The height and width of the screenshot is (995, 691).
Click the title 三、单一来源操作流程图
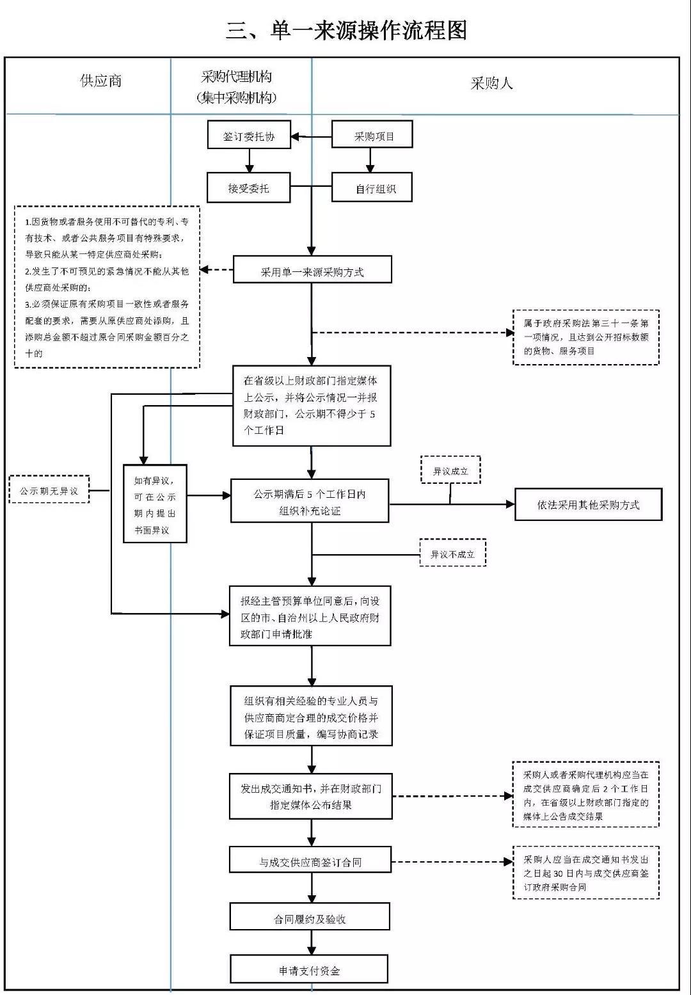(x=346, y=31)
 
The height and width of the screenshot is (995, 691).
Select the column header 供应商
(x=101, y=81)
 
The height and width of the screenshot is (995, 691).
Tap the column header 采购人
(x=491, y=83)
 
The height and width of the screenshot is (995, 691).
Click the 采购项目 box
(x=372, y=134)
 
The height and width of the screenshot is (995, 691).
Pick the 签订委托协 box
(x=249, y=134)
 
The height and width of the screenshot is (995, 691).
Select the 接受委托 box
(x=249, y=188)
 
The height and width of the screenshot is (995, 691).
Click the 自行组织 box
(x=372, y=187)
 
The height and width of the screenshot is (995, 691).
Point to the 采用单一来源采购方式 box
(x=313, y=269)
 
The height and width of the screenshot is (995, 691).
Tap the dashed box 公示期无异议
(x=49, y=489)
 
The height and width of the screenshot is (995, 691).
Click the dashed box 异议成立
(x=450, y=470)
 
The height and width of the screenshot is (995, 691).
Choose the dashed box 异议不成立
(x=453, y=553)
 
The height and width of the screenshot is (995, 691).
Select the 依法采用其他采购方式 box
(x=589, y=504)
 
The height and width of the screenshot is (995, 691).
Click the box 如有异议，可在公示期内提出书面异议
(x=155, y=504)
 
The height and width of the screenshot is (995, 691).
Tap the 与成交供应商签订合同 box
(x=310, y=859)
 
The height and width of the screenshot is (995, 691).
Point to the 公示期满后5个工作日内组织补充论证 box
(x=310, y=500)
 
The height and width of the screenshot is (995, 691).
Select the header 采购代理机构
(x=236, y=77)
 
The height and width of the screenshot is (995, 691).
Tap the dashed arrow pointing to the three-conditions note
(x=217, y=269)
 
